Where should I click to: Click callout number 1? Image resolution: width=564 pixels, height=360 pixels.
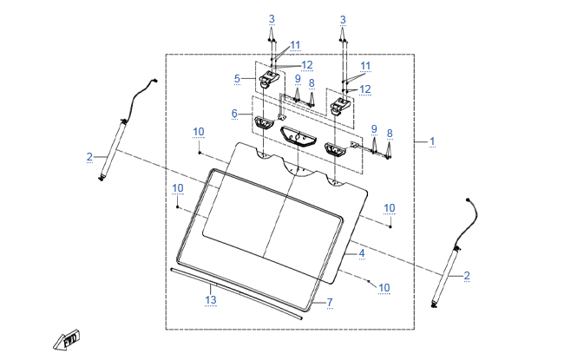432,141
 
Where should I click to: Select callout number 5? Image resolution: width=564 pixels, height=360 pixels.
237,78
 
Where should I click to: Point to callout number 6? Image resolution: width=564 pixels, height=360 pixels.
234,114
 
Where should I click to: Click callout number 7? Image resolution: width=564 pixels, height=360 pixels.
330,302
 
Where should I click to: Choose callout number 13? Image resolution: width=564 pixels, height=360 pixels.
209,299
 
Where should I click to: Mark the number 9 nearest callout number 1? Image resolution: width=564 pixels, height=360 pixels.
375,129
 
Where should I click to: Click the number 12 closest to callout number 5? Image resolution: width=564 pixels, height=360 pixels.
307,65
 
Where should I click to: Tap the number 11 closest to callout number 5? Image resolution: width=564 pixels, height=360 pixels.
296,44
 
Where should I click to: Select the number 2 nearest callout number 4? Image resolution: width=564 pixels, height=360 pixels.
467,275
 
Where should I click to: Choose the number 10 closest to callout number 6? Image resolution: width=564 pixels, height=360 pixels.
199,132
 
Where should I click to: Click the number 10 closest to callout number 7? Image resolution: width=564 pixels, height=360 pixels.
384,287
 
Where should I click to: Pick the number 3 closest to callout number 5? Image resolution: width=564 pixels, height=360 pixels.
272,19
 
